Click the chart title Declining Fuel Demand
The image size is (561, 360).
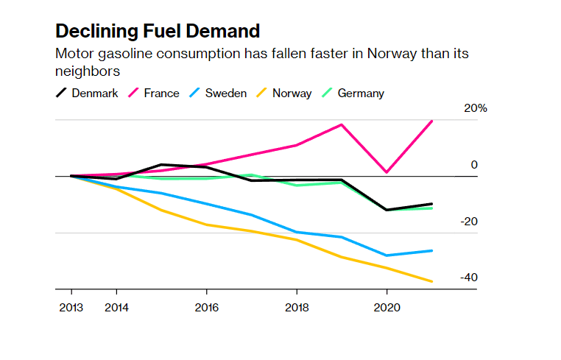tap(158, 31)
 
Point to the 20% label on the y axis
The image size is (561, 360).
tap(475, 108)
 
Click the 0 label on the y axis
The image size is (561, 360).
tap(474, 165)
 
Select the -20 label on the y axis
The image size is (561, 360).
tap(469, 222)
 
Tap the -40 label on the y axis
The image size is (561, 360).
tap(469, 278)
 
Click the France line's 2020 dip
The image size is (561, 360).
tap(387, 172)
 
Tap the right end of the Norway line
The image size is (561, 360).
tap(431, 281)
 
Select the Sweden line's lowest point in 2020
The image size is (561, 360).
tap(387, 255)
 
